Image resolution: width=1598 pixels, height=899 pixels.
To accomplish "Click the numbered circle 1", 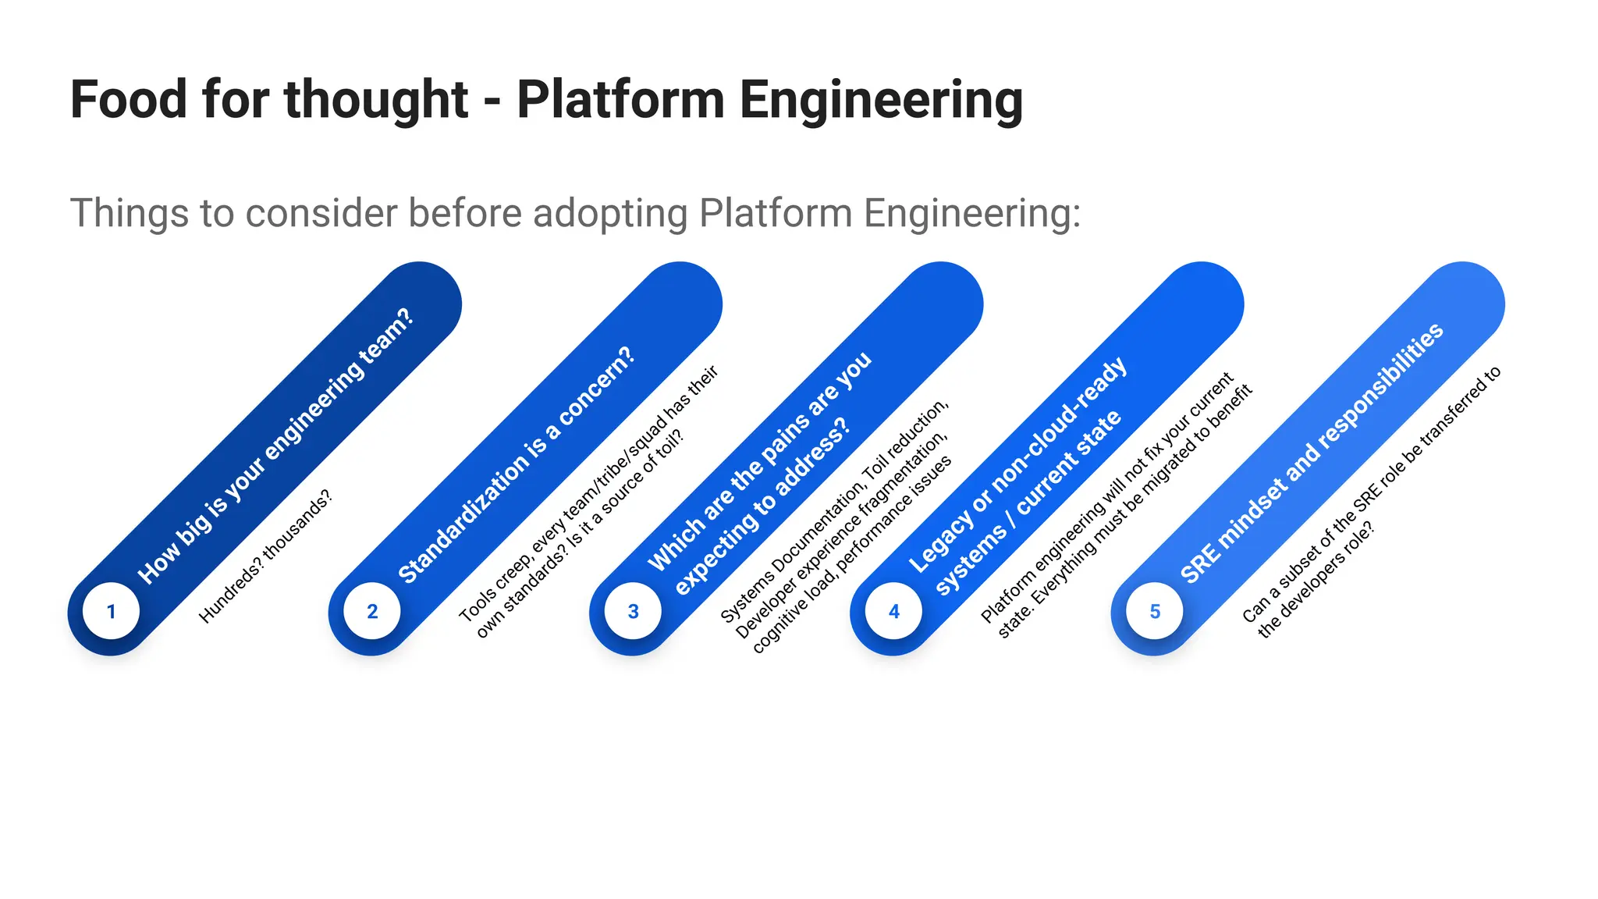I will tap(112, 611).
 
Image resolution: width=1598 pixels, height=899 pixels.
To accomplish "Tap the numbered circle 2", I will tap(372, 611).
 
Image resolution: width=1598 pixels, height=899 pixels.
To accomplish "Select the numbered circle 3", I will tap(633, 611).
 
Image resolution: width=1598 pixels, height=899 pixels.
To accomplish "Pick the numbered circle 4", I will tap(894, 611).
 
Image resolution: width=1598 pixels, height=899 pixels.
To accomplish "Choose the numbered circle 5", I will tap(1155, 611).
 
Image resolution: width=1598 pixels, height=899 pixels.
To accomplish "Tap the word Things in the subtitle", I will tap(130, 213).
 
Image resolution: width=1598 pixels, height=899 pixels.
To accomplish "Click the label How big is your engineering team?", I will tap(275, 446).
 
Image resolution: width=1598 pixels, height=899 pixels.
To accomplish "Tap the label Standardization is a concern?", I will tap(517, 465).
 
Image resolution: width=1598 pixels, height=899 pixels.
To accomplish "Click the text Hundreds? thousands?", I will tap(265, 556).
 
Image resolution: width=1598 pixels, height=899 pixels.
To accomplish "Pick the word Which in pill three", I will tap(673, 546).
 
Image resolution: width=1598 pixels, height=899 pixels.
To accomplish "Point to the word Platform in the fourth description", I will tap(1007, 597).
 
